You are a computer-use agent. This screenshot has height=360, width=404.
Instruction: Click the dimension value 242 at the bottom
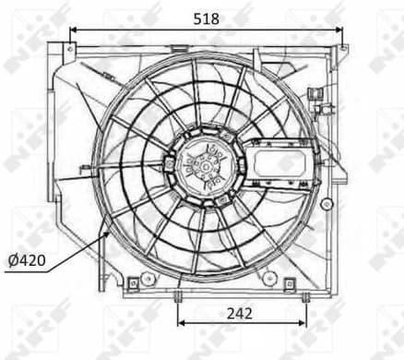pyautogui.click(x=238, y=313)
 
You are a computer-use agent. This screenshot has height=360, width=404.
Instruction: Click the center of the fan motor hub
pyautogui.click(x=202, y=165)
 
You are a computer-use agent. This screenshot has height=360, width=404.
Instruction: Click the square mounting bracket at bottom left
pyautogui.click(x=134, y=281)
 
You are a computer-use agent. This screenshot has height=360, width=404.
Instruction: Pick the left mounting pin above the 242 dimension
pyautogui.click(x=176, y=295)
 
